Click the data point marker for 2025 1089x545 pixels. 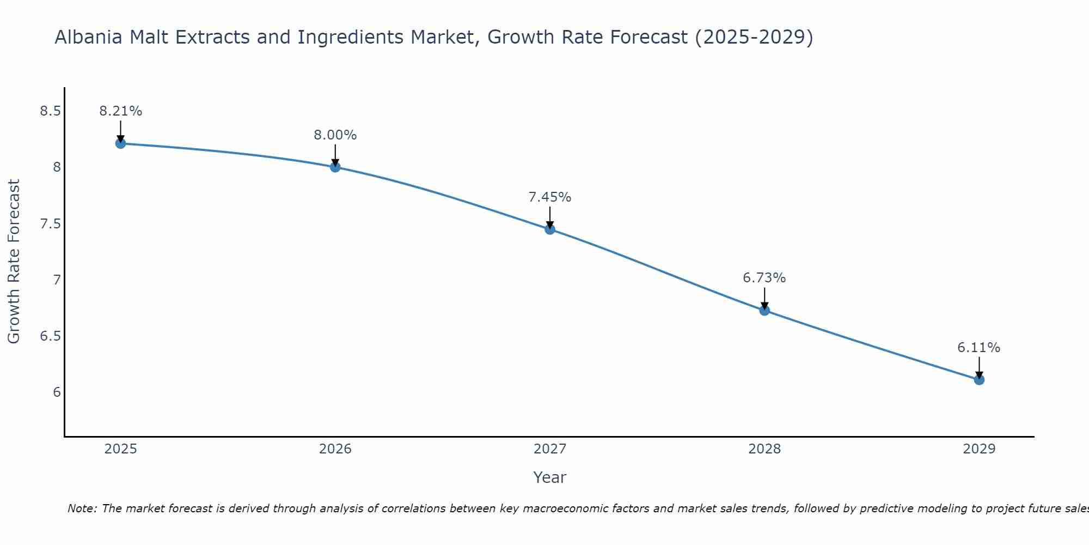(120, 143)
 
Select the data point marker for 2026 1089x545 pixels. (335, 167)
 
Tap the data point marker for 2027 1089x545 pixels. (550, 229)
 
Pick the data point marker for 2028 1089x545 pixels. (764, 310)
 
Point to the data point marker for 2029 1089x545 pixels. (979, 379)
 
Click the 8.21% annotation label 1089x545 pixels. (120, 111)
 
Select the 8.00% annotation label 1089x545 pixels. (335, 135)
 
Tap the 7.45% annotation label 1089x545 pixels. (550, 197)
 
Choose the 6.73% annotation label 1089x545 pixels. (764, 278)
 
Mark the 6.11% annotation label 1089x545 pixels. (979, 348)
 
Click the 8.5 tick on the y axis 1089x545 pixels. (50, 111)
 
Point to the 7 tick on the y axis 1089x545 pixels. (57, 280)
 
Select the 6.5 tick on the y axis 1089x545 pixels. (50, 336)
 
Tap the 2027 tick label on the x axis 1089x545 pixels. (550, 449)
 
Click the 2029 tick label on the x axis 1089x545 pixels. (979, 449)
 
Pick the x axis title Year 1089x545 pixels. (550, 477)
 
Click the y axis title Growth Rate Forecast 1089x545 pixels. (14, 262)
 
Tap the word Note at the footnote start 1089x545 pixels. (82, 508)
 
